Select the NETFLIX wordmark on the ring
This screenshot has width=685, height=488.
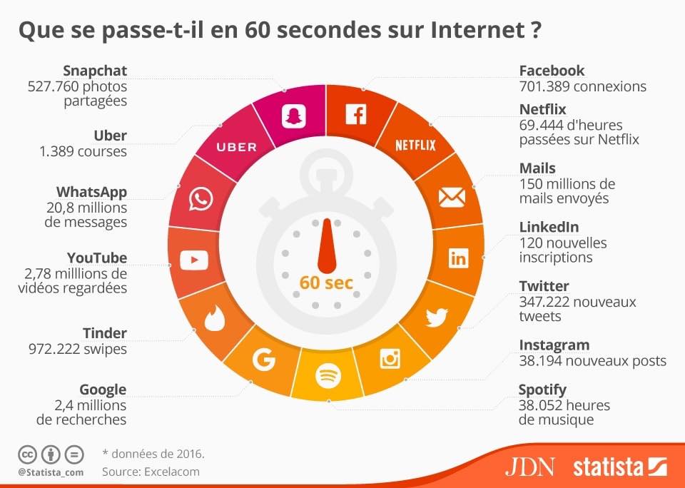pyautogui.click(x=415, y=146)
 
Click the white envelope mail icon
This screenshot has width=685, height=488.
pyautogui.click(x=452, y=198)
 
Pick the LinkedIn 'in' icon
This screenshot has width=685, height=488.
pyautogui.click(x=458, y=258)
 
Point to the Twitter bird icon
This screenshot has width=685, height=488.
pyautogui.click(x=436, y=316)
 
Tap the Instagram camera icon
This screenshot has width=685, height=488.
pyautogui.click(x=390, y=358)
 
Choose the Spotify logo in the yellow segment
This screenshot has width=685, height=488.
pyautogui.click(x=328, y=374)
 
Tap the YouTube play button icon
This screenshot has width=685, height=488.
pyautogui.click(x=194, y=260)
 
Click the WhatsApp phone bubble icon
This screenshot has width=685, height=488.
pyautogui.click(x=201, y=199)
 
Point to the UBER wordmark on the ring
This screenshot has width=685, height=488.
pyautogui.click(x=236, y=147)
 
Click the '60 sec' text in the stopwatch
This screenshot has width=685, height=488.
pyautogui.click(x=326, y=283)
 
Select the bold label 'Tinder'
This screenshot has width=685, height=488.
pyautogui.click(x=105, y=333)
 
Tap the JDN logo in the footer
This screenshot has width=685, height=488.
pyautogui.click(x=529, y=467)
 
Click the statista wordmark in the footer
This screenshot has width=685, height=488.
pyautogui.click(x=609, y=467)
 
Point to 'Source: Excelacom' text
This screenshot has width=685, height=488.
pyautogui.click(x=151, y=471)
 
